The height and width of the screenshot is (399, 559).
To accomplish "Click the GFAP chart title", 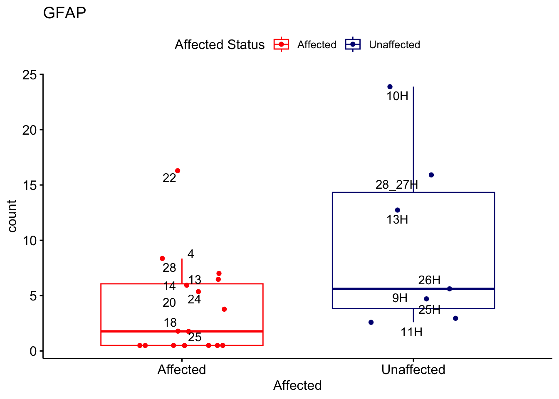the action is [x=64, y=13].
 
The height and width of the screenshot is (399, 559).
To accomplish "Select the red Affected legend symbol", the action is [x=281, y=44].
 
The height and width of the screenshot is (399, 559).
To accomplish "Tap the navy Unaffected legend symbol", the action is [x=353, y=44].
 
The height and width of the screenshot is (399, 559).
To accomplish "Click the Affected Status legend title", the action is [x=219, y=44].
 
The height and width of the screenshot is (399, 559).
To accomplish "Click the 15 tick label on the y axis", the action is [x=30, y=185].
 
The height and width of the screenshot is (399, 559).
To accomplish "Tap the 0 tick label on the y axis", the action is [x=33, y=351].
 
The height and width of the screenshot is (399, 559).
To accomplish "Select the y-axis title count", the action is [x=12, y=216].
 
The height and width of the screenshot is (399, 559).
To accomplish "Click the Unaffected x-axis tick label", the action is [x=413, y=369].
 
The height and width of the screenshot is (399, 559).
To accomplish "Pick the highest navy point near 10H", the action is [x=390, y=87].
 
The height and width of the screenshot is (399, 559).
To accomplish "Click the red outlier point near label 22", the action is [x=178, y=171].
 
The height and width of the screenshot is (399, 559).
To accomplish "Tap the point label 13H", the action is [x=397, y=220].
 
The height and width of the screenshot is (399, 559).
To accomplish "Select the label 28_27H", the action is [x=396, y=185].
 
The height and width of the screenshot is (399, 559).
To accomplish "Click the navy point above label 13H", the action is [x=398, y=210].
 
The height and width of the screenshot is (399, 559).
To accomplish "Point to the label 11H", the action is [x=411, y=332].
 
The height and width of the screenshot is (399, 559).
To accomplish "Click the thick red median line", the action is [x=182, y=331].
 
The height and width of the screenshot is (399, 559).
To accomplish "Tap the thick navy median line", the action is [x=413, y=289].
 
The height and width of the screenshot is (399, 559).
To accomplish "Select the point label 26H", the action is [x=429, y=280].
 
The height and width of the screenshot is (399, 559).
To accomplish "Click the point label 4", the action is [x=190, y=254].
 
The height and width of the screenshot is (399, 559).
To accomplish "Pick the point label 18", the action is [x=170, y=323].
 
